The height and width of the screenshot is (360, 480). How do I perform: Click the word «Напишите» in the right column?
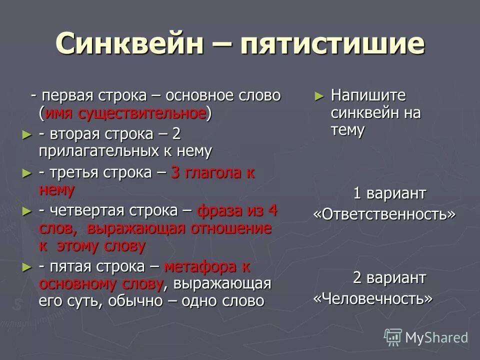click(368, 95)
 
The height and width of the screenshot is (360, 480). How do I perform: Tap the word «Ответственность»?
click(384, 214)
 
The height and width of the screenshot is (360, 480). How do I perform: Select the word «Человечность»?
click(372, 298)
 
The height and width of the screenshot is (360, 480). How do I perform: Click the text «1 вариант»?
click(389, 193)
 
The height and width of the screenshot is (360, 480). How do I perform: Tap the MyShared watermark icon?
click(393, 337)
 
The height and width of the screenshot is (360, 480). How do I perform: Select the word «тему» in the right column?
click(347, 130)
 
